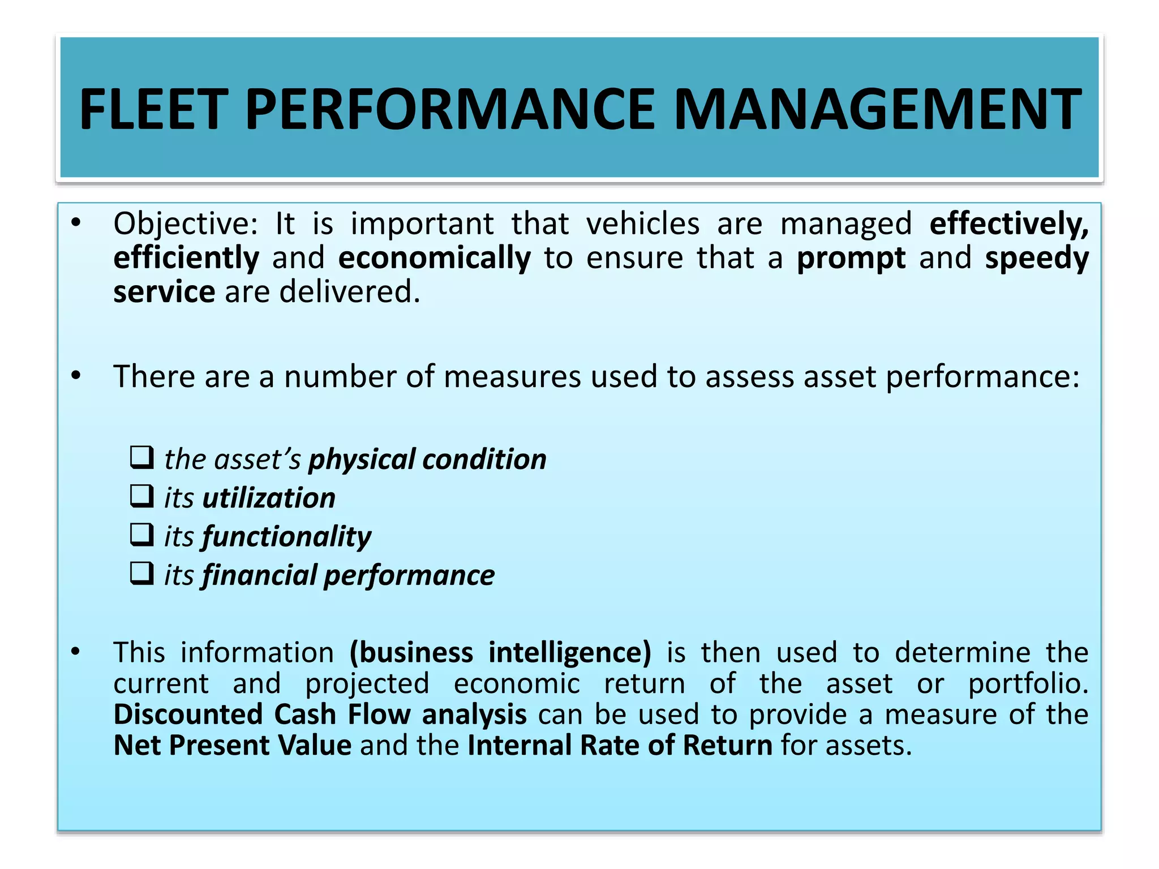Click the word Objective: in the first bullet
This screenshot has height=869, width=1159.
pyautogui.click(x=186, y=224)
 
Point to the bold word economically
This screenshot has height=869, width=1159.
pyautogui.click(x=435, y=259)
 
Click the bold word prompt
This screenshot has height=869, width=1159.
pyautogui.click(x=851, y=259)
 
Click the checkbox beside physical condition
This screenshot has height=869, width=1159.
pyautogui.click(x=141, y=458)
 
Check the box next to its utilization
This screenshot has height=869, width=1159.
pyautogui.click(x=141, y=497)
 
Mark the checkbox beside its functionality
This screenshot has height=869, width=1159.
pyautogui.click(x=141, y=535)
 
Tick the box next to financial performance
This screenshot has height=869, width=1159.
pyautogui.click(x=141, y=574)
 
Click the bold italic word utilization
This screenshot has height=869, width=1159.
pyautogui.click(x=269, y=498)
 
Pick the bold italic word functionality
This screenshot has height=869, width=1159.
pyautogui.click(x=286, y=537)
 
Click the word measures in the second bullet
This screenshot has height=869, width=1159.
pyautogui.click(x=512, y=377)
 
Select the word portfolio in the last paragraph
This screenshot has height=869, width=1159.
pyautogui.click(x=1027, y=684)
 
